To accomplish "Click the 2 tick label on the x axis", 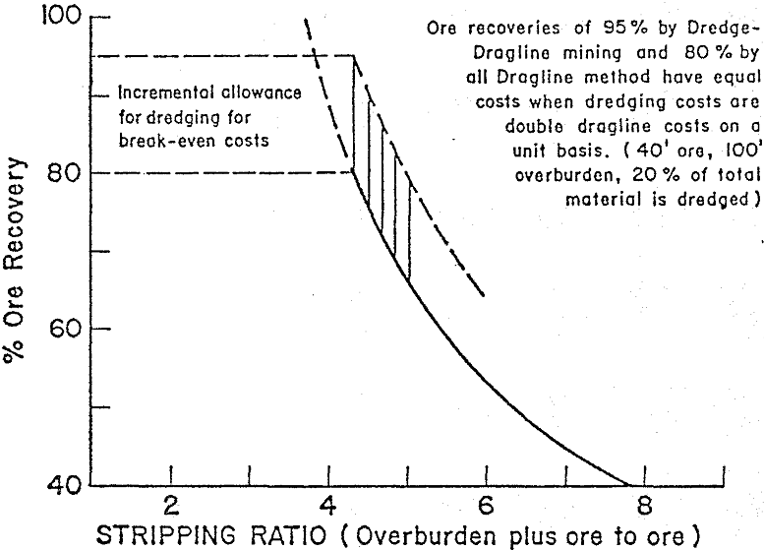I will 171,508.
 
